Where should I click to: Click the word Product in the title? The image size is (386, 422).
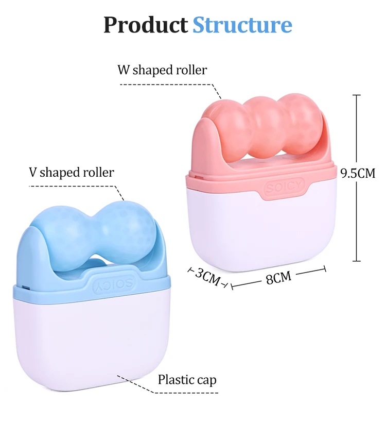coord(146,25)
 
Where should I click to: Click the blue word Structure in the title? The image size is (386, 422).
coord(242,25)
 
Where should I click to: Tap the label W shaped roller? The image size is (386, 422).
coord(162,70)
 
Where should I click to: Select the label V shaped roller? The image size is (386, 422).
coord(71,172)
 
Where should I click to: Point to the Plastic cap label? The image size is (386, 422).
coord(187,380)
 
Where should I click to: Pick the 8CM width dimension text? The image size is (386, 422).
coord(278,278)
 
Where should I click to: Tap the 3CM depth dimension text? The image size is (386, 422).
coord(208,276)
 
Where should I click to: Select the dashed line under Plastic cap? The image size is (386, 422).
coord(185,393)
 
